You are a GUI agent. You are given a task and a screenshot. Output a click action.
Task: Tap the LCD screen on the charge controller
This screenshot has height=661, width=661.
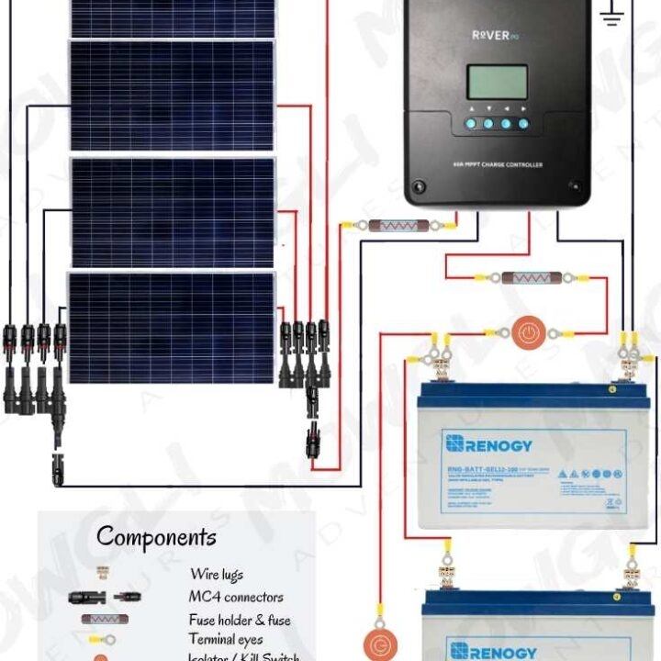pos(497,83)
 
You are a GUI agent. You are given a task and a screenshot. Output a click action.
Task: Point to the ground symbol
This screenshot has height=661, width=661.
pos(612,15)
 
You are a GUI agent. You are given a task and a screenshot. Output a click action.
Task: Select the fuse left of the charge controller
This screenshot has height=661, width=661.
pos(399,224)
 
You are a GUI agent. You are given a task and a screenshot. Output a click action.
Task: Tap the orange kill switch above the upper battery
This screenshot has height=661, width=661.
pos(526,332)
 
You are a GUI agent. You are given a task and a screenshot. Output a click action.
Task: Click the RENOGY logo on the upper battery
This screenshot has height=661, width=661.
pos(488,444)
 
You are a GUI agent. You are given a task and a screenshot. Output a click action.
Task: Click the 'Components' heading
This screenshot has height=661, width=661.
pos(156,536)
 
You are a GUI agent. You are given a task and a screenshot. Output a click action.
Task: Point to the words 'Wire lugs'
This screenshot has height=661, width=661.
pos(217,575)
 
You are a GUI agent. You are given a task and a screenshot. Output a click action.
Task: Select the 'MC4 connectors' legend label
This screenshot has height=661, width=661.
pos(236,597)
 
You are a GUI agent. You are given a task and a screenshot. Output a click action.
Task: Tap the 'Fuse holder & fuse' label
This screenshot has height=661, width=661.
pos(239,620)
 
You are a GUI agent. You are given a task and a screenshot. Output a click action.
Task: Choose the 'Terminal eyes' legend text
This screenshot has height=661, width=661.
pos(226,639)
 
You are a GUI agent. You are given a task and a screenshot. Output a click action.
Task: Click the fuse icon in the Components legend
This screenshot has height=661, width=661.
pos(104,619)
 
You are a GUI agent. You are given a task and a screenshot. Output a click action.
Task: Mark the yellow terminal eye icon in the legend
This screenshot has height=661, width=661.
pos(100,639)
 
